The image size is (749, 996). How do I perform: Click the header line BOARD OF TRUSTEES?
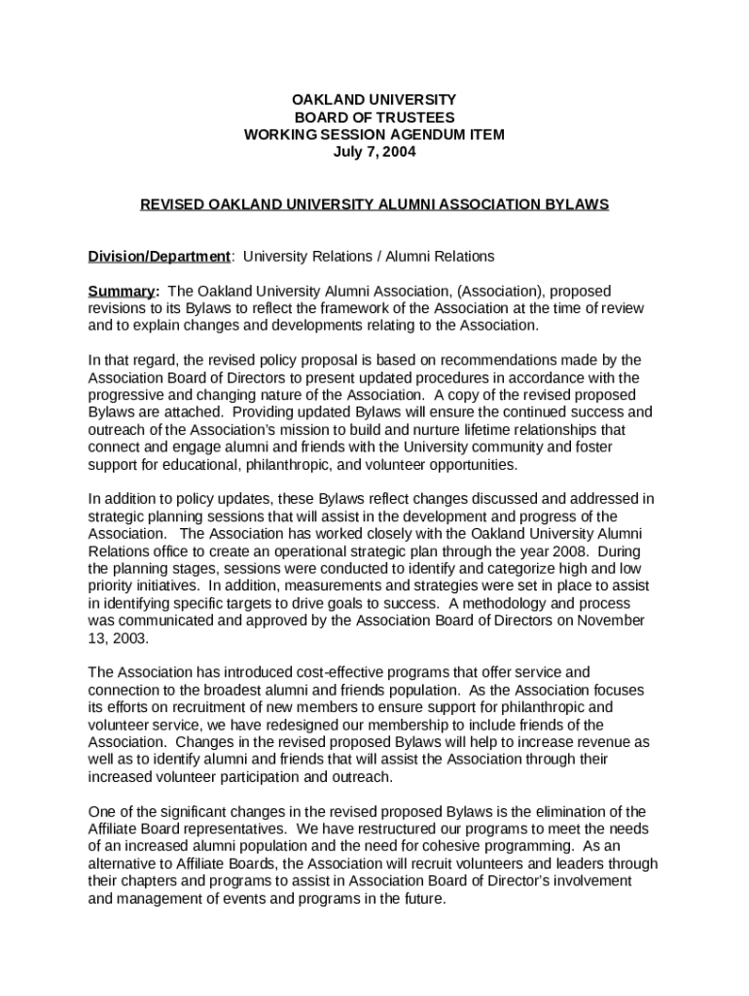[x=374, y=118]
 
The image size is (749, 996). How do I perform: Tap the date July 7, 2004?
[x=374, y=153]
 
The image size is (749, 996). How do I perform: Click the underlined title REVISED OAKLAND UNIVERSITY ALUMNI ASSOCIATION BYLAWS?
[x=374, y=205]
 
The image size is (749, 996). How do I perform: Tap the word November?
[x=605, y=622]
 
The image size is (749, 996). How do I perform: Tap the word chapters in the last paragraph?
[x=150, y=882]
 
